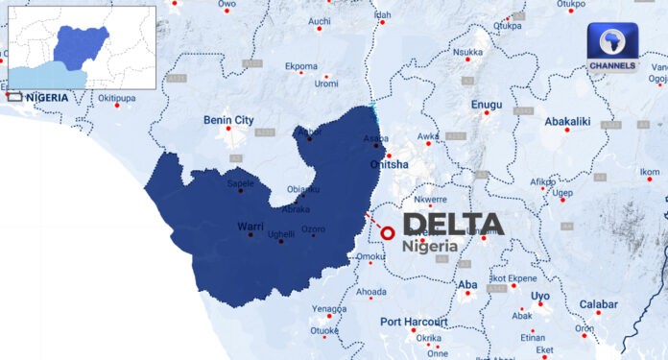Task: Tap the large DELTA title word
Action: [452, 225]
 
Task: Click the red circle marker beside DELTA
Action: [388, 232]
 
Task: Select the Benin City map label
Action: [228, 120]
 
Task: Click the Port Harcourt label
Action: [414, 321]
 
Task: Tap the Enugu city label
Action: [487, 102]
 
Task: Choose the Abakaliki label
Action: [567, 122]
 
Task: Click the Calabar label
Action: [598, 304]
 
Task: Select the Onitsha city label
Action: [389, 164]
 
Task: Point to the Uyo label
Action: [540, 296]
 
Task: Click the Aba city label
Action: [467, 285]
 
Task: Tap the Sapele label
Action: [241, 182]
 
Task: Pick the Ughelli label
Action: [280, 234]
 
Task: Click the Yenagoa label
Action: [329, 309]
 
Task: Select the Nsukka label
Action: [467, 52]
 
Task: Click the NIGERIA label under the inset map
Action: [47, 97]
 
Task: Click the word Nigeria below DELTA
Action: [430, 246]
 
